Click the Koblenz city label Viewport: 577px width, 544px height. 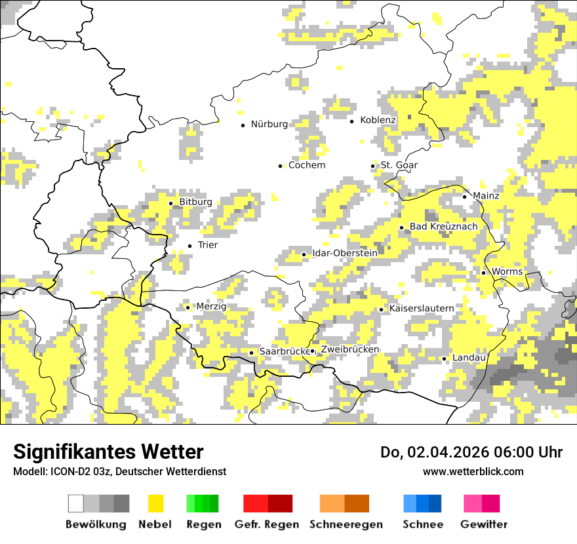[x=378, y=121]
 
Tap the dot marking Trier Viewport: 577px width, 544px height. [x=189, y=246]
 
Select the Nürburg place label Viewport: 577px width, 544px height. [x=269, y=124]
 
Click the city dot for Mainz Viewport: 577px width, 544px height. [x=464, y=197]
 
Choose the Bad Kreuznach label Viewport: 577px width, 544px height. [x=443, y=227]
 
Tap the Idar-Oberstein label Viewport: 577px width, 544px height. [x=345, y=253]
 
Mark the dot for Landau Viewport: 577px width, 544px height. [x=444, y=359]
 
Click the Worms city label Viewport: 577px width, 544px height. [x=507, y=271]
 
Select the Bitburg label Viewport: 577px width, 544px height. [x=195, y=203]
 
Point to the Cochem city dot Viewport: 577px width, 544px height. [x=280, y=166]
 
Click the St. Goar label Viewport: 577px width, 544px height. [x=399, y=165]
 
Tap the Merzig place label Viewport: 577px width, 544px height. [x=211, y=307]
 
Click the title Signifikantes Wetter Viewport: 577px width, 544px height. [x=108, y=452]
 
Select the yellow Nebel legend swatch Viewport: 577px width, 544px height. [x=155, y=503]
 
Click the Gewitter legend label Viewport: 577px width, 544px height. [x=484, y=524]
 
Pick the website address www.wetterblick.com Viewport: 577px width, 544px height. [x=473, y=472]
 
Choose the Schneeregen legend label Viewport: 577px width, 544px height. [x=346, y=524]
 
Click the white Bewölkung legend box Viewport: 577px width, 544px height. [x=76, y=503]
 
